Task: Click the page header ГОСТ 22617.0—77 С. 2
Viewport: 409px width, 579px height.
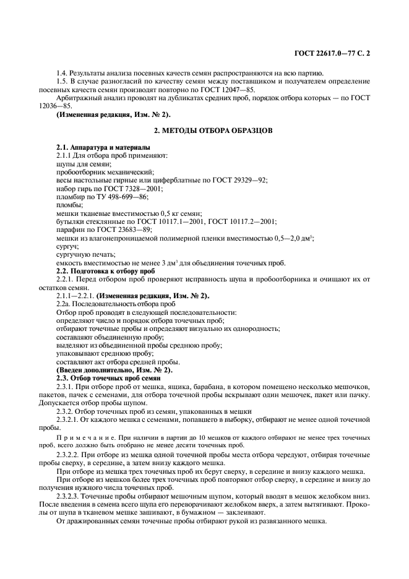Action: [x=335, y=54]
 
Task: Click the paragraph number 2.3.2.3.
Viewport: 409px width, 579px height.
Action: [x=69, y=496]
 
